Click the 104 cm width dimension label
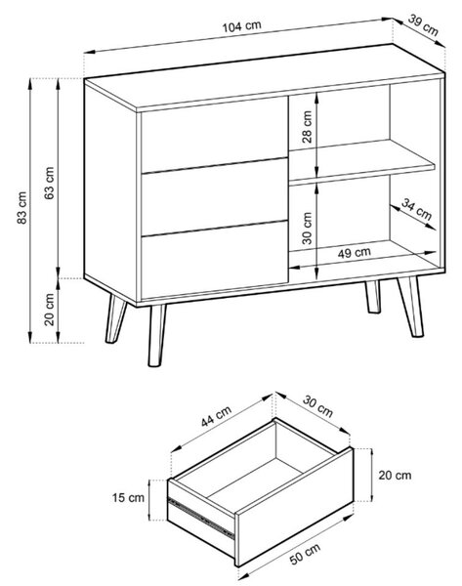tap(241, 26)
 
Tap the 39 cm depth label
tap(423, 24)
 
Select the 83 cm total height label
tap(22, 208)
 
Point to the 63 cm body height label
tap(49, 183)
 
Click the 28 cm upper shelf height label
tap(307, 127)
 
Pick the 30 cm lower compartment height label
tap(307, 228)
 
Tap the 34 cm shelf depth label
tap(416, 209)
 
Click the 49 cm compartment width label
tap(354, 253)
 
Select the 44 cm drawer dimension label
tap(216, 416)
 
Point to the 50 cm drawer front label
tap(305, 554)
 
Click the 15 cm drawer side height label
tap(128, 498)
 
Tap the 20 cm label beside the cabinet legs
tap(49, 310)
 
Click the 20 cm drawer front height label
tap(395, 476)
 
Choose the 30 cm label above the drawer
tap(317, 406)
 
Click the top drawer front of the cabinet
tap(214, 135)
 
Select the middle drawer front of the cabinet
tap(214, 197)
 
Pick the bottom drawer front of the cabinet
tap(215, 260)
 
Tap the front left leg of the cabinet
tap(156, 335)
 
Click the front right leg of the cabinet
tap(410, 307)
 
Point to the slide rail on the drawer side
tap(201, 516)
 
